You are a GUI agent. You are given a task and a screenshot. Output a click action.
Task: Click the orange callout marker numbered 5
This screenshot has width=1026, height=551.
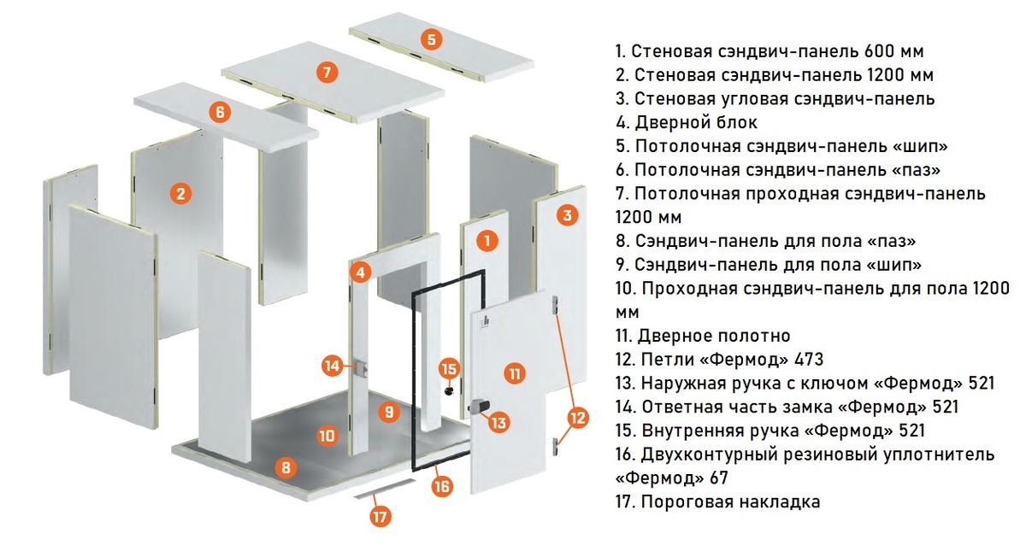click(432, 38)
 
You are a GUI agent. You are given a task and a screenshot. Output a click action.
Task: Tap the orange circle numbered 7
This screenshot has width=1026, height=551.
click(326, 72)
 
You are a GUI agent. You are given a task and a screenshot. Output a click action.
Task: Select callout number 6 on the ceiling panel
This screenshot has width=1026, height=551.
click(220, 112)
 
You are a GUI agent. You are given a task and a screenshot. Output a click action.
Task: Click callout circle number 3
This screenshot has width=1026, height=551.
click(566, 214)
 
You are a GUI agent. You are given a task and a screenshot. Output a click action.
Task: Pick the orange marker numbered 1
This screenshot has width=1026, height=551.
click(486, 240)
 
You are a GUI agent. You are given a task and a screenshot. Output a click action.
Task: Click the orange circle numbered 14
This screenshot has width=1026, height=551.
click(333, 366)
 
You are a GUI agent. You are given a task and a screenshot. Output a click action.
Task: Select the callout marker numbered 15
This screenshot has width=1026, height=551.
click(449, 369)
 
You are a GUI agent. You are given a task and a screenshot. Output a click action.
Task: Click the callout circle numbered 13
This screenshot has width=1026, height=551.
click(498, 419)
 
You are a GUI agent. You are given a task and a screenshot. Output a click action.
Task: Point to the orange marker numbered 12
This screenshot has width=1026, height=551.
click(578, 418)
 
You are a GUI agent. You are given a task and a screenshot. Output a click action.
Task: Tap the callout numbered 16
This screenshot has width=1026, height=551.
click(441, 486)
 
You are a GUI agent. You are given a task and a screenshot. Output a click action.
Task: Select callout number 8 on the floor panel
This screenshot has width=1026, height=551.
click(285, 466)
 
